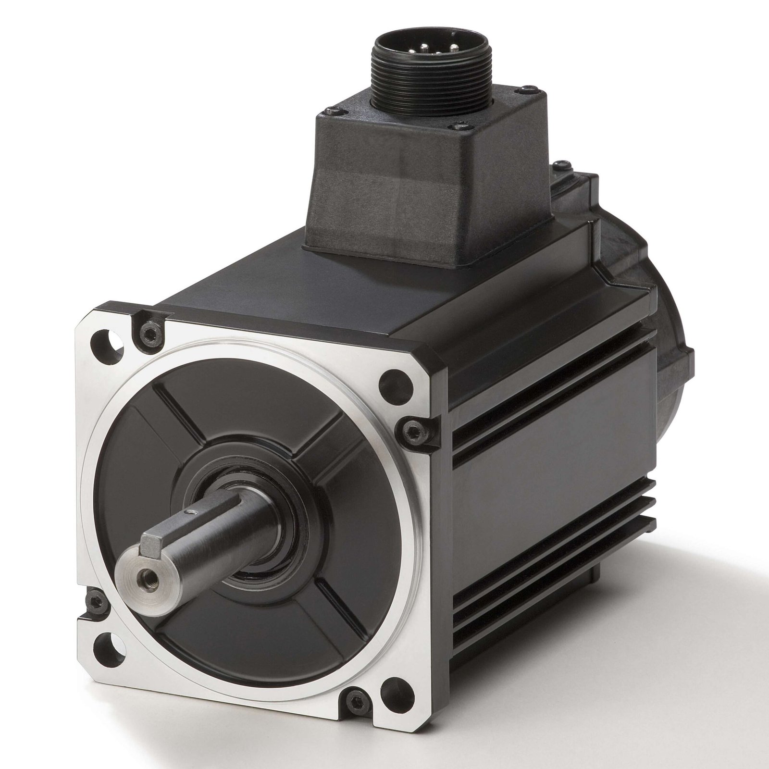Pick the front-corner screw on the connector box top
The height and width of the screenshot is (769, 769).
pyautogui.click(x=452, y=140)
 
